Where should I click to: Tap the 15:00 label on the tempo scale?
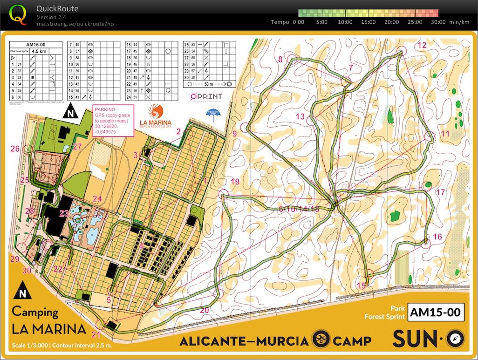pos(369,22)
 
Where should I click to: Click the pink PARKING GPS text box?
pos(113,120)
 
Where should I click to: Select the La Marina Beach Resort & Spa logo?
pos(156,117)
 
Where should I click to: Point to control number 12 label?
pos(422,45)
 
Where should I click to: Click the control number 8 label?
pos(280,59)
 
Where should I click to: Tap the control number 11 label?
pos(445,134)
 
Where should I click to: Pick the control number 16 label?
pos(437,237)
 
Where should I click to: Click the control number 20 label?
pos(204,310)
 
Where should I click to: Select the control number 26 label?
pos(15,149)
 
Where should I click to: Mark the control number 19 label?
pos(234,181)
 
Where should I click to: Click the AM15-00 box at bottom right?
pos(436,312)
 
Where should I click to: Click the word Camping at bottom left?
pos(35,312)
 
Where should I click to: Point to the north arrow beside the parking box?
pos(70,112)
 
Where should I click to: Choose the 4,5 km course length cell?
pos(37,51)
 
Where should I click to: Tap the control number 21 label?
pos(96,334)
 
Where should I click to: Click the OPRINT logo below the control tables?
pos(205,96)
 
